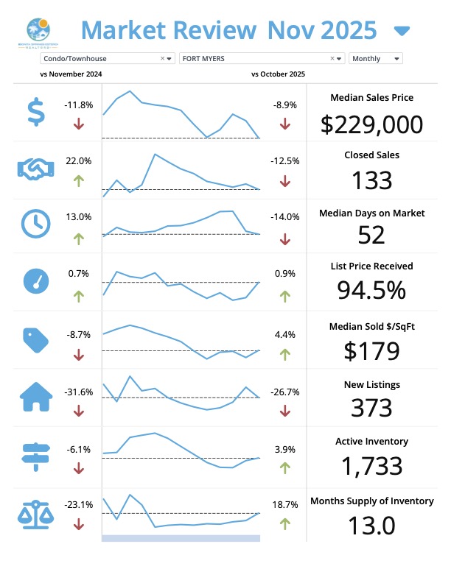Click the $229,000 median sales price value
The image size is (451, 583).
372,124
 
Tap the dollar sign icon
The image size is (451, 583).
35,113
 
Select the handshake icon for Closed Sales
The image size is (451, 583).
35,169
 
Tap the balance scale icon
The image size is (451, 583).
35,512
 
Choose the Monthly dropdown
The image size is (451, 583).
376,58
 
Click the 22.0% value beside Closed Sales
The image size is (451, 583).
79,160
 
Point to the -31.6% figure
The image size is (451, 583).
79,392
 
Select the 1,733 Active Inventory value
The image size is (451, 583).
372,466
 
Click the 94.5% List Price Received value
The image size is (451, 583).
372,290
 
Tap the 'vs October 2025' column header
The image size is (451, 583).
278,74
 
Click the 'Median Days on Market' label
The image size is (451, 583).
372,213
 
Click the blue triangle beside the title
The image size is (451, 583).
402,31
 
